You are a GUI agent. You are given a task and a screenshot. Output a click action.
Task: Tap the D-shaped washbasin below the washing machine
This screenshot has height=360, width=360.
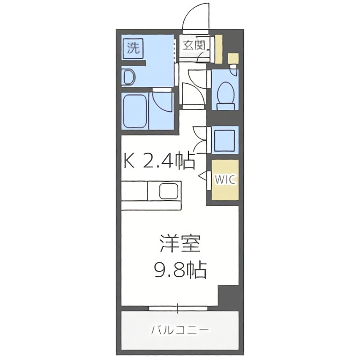(128, 77)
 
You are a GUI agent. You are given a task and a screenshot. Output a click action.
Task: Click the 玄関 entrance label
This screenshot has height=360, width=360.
(195, 45)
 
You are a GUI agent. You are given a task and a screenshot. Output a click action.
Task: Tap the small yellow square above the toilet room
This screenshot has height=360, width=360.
(233, 58)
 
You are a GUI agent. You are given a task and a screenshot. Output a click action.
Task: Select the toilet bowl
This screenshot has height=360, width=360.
(225, 94)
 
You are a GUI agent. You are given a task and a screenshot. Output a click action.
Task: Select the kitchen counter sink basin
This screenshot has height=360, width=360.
(170, 193)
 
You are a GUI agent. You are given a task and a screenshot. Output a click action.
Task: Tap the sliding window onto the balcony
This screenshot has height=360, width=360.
(179, 308)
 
